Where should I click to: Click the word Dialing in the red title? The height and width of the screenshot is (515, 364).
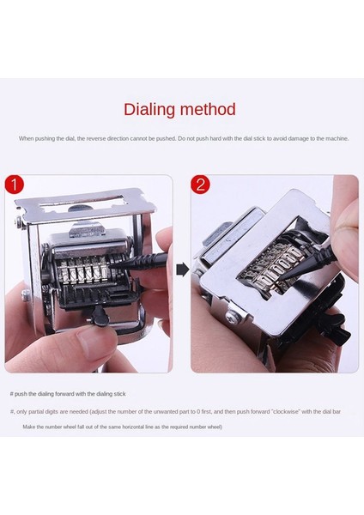153,110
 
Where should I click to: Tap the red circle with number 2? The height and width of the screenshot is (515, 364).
200,185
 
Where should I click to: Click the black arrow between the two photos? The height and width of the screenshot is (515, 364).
182,270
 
